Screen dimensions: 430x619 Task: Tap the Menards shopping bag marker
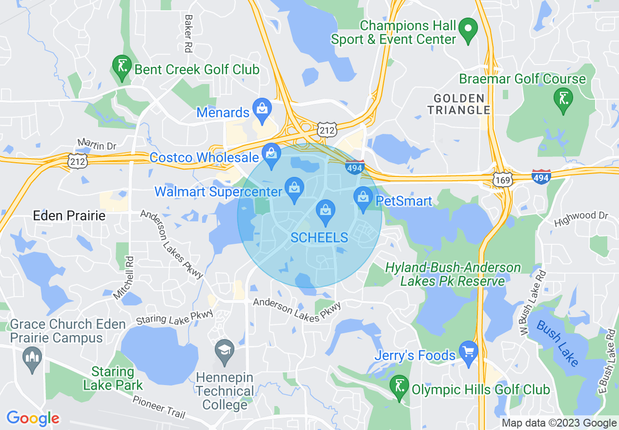coord(262,109)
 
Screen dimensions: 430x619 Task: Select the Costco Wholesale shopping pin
coord(271,154)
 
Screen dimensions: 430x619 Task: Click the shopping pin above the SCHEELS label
coord(326,211)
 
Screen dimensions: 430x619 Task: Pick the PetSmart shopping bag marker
coord(363,198)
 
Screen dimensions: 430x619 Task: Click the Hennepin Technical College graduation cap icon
coord(225,351)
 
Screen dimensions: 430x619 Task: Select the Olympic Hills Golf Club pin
coord(400,387)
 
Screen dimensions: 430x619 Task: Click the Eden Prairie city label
coord(69,215)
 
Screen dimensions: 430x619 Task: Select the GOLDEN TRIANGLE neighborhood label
coord(458,104)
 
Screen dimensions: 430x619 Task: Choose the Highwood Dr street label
coord(581,218)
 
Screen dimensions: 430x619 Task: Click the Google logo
coord(33,418)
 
